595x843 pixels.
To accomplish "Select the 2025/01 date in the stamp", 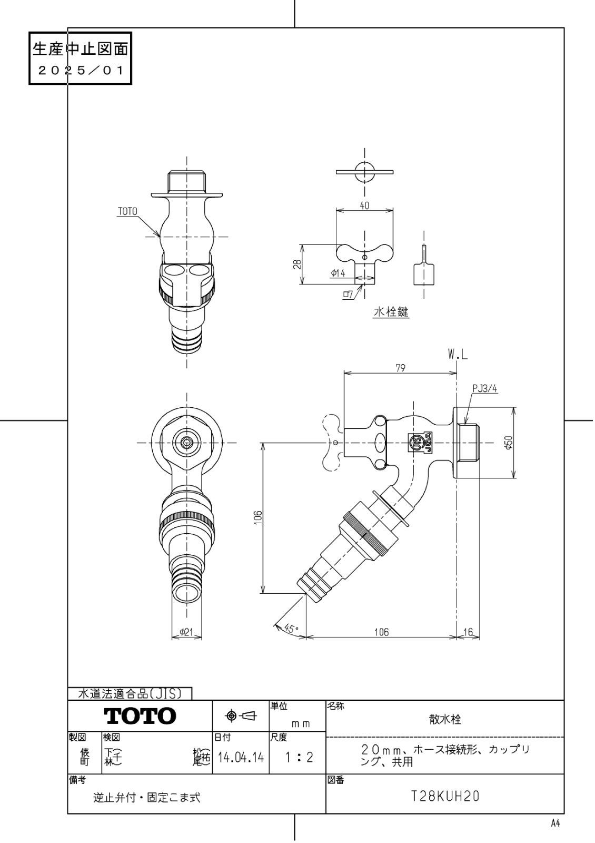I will [80, 70].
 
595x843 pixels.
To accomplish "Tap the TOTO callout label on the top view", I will [127, 211].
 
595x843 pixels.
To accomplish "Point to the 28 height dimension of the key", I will [296, 264].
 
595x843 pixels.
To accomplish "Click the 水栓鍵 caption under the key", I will [391, 312].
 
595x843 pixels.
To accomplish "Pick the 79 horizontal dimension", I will [400, 368].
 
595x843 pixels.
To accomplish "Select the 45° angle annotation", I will [291, 628].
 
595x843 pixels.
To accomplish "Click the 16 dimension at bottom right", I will [468, 632].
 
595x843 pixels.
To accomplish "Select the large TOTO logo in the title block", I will [140, 715].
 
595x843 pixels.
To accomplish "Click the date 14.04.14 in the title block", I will [240, 758].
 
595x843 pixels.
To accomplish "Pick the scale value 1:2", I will [298, 758].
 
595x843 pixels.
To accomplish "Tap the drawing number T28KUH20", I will [445, 797].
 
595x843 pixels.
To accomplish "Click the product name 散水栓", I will [445, 719].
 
